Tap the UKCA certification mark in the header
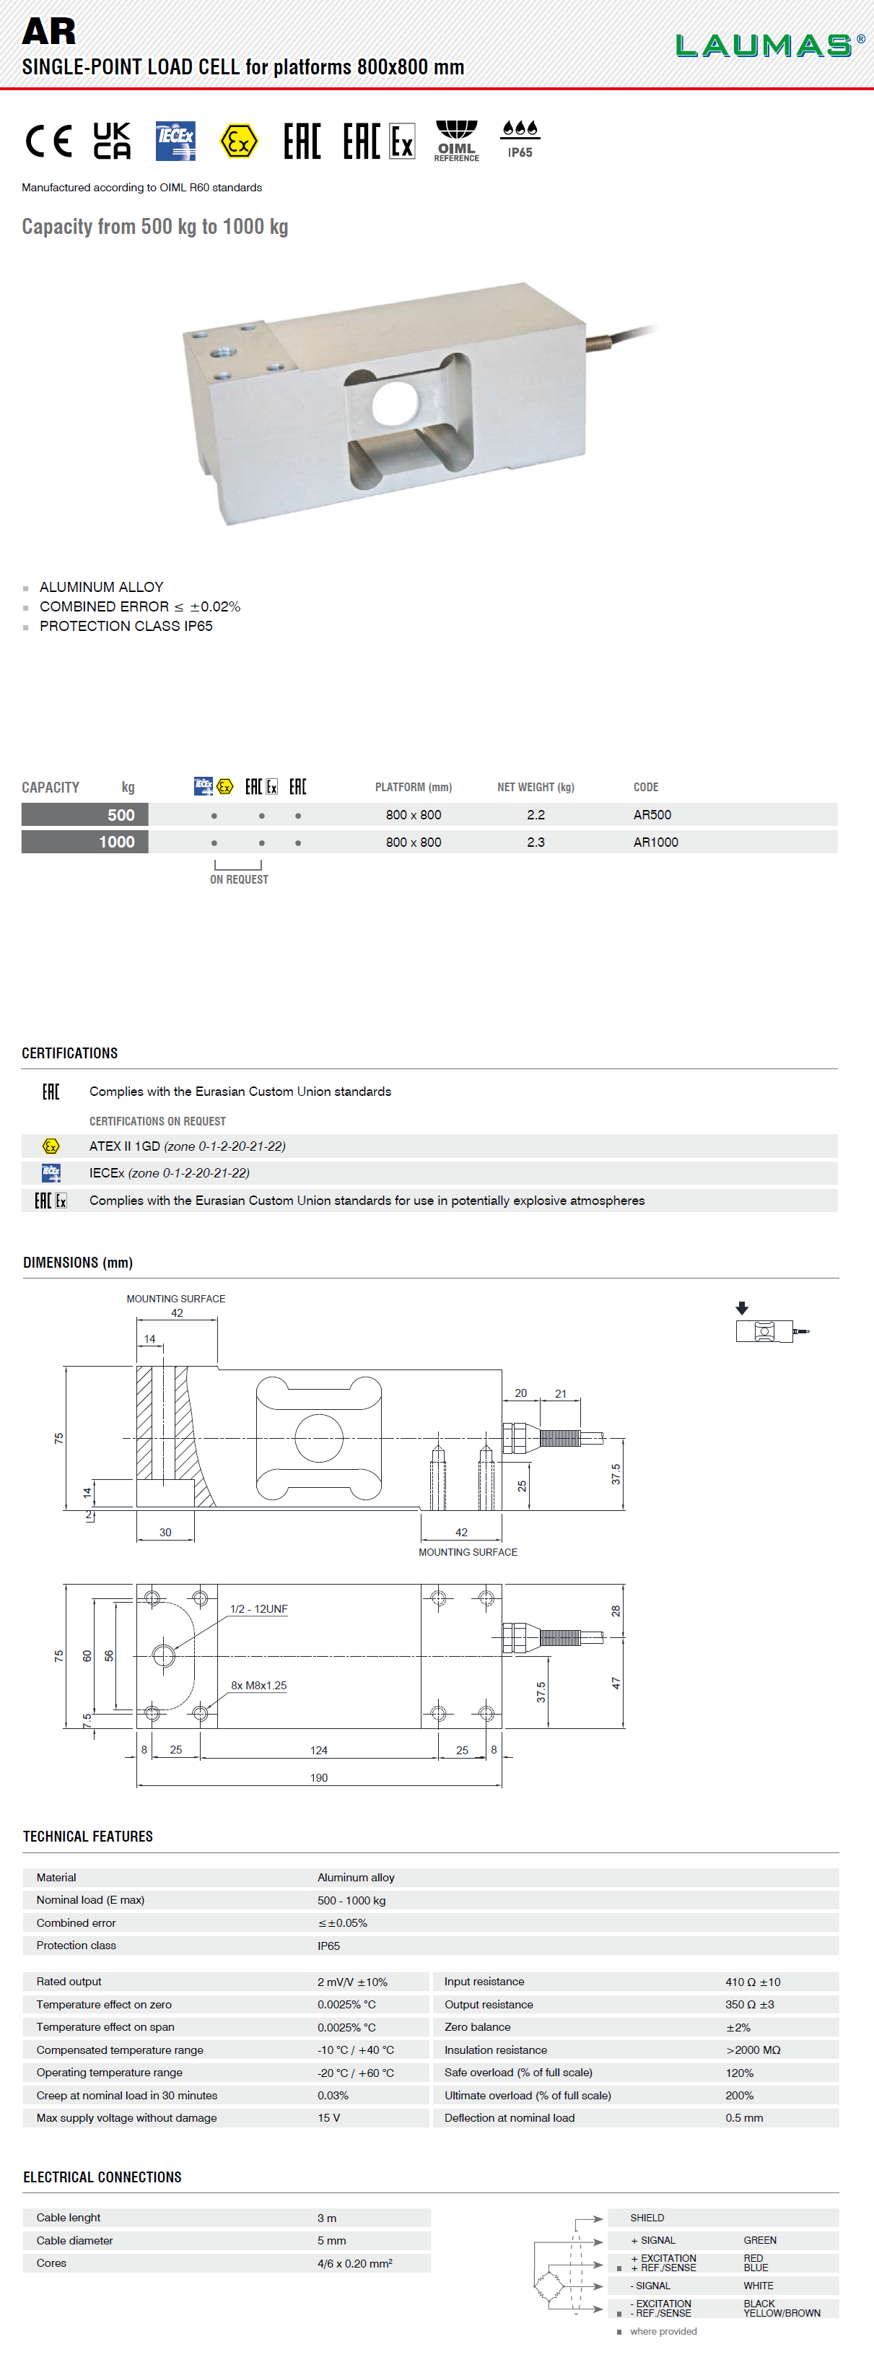112,141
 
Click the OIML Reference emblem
456,141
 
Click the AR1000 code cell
655,842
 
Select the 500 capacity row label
85,814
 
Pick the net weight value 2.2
536,814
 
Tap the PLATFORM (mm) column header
413,787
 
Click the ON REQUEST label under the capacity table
239,879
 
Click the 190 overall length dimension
318,1777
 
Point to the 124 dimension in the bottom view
318,1750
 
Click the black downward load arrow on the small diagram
742,1307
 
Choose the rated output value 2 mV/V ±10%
352,1981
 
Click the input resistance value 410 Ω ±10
753,1981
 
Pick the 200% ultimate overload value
739,2095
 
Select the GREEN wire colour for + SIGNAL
760,2240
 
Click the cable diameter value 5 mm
331,2240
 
